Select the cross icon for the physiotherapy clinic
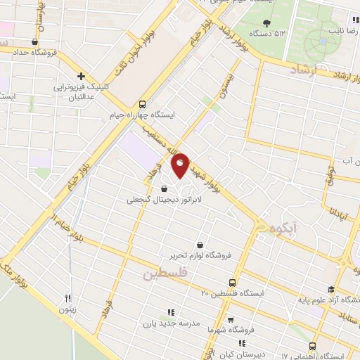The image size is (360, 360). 82,76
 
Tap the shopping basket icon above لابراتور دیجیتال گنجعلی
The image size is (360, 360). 164,188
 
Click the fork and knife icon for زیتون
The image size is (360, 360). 68,297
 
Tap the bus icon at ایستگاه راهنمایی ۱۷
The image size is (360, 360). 313,346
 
